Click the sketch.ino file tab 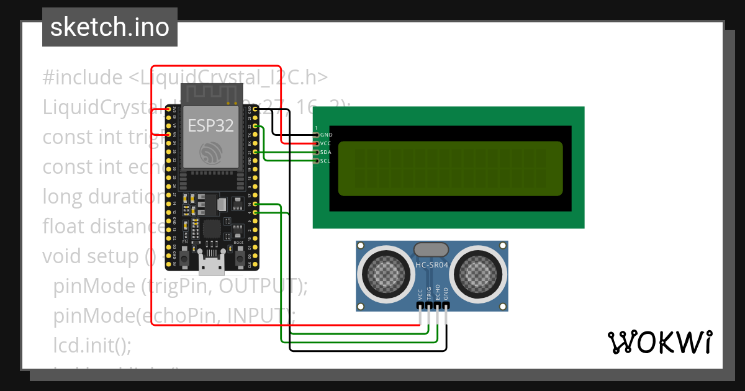coord(109,27)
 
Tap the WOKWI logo coord(659,342)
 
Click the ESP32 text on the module coord(210,125)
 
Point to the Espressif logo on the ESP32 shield coord(210,153)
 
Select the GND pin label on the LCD coord(327,135)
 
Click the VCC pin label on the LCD coord(327,143)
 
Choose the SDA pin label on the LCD coord(327,152)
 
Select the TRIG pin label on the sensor coord(429,294)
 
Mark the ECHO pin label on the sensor coord(438,293)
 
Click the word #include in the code coord(83,78)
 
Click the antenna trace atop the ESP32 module coord(210,94)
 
